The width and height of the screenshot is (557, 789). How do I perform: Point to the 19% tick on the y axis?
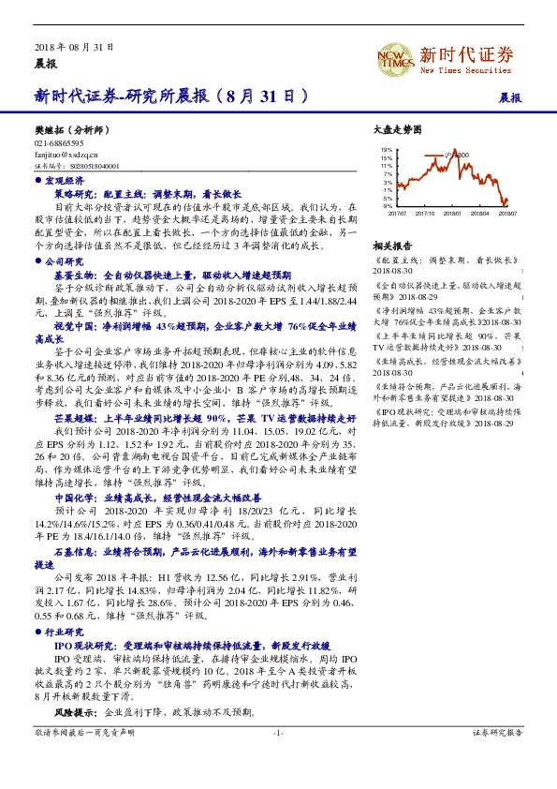coord(387,149)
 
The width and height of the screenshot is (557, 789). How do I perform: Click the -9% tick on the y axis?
coord(387,206)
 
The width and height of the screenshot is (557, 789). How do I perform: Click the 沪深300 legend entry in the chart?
coord(459,154)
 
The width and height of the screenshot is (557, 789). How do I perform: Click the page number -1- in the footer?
coord(278,757)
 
